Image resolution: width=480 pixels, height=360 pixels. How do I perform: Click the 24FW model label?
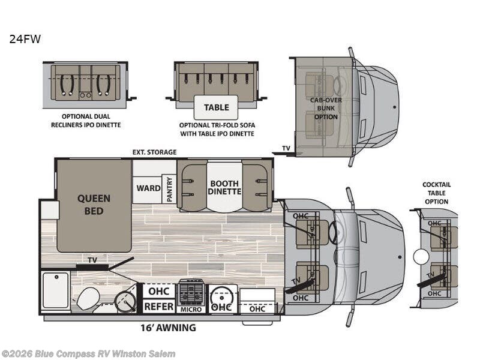25,39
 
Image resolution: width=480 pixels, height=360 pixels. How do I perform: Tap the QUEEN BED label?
94,205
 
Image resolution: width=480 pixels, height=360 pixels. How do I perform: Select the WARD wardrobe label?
148,188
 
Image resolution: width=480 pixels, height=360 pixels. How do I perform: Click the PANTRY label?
169,189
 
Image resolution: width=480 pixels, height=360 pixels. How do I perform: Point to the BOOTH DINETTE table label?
224,187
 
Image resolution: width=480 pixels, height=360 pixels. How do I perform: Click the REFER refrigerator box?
158,306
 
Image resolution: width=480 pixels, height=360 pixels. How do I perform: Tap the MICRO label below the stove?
191,310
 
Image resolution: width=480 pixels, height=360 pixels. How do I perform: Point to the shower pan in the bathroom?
55,290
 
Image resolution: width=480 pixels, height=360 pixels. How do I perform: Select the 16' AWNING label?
168,328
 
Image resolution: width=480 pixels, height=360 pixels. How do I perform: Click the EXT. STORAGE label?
154,152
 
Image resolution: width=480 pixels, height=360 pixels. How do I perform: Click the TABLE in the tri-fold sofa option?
216,107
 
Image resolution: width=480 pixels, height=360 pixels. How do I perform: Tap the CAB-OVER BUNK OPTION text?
326,109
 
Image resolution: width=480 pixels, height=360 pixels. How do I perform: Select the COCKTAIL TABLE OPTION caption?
437,193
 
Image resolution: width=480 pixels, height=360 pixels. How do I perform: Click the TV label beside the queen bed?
92,260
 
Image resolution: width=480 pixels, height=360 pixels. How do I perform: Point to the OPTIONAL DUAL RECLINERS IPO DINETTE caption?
86,121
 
